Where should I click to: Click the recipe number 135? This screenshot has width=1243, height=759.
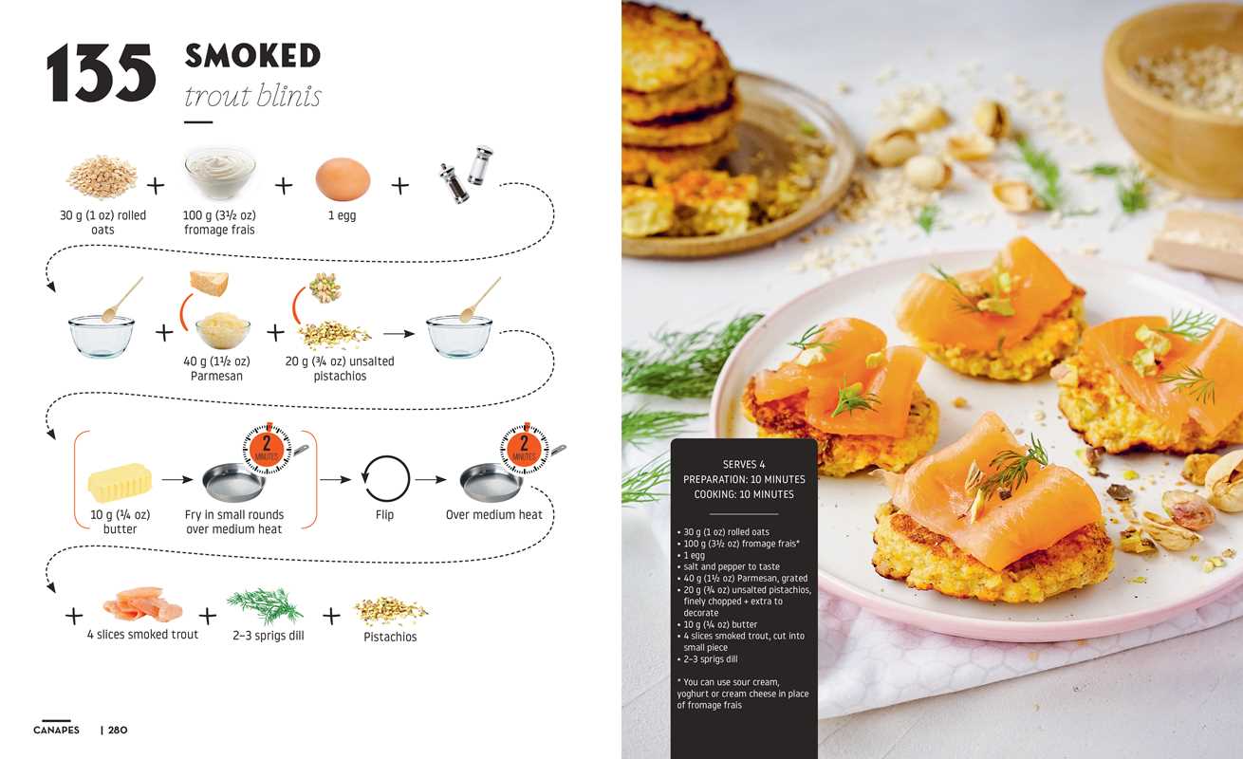point(101,73)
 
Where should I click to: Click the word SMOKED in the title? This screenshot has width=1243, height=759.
point(252,55)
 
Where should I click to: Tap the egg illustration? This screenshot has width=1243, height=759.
point(343,179)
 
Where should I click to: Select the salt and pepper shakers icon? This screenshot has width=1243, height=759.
point(466,175)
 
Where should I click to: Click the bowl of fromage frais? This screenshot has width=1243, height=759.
point(220,173)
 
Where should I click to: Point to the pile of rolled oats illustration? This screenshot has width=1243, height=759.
point(102,177)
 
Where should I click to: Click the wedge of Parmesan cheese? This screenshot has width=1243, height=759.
point(209,283)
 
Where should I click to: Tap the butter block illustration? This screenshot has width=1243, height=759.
point(120,482)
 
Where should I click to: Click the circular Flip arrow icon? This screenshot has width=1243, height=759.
point(385,479)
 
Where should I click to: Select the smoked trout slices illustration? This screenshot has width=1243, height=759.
point(143,604)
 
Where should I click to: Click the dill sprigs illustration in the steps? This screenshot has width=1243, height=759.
point(266,605)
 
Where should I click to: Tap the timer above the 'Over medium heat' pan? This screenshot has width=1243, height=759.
point(524,449)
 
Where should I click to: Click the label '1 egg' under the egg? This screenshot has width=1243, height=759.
point(342,215)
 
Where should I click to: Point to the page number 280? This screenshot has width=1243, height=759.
point(118,731)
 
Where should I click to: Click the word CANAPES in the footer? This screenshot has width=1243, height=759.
point(56,731)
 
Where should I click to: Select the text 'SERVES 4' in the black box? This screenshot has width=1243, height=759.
point(744,464)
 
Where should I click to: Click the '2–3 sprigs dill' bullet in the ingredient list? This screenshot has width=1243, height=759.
point(708,659)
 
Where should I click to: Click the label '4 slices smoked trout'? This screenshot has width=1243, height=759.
point(142,634)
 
